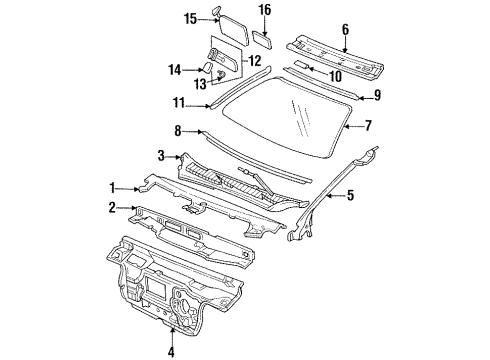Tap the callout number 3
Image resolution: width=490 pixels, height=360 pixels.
click(x=160, y=154)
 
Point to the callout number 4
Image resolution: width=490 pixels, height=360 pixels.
click(x=170, y=351)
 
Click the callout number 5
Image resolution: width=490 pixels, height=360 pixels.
click(x=350, y=195)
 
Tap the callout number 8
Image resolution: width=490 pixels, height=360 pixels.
click(x=177, y=130)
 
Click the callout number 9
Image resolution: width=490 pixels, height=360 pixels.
click(x=377, y=95)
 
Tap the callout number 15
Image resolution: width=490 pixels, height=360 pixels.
click(x=162, y=17)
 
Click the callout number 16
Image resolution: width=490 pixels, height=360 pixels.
click(x=265, y=10)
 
